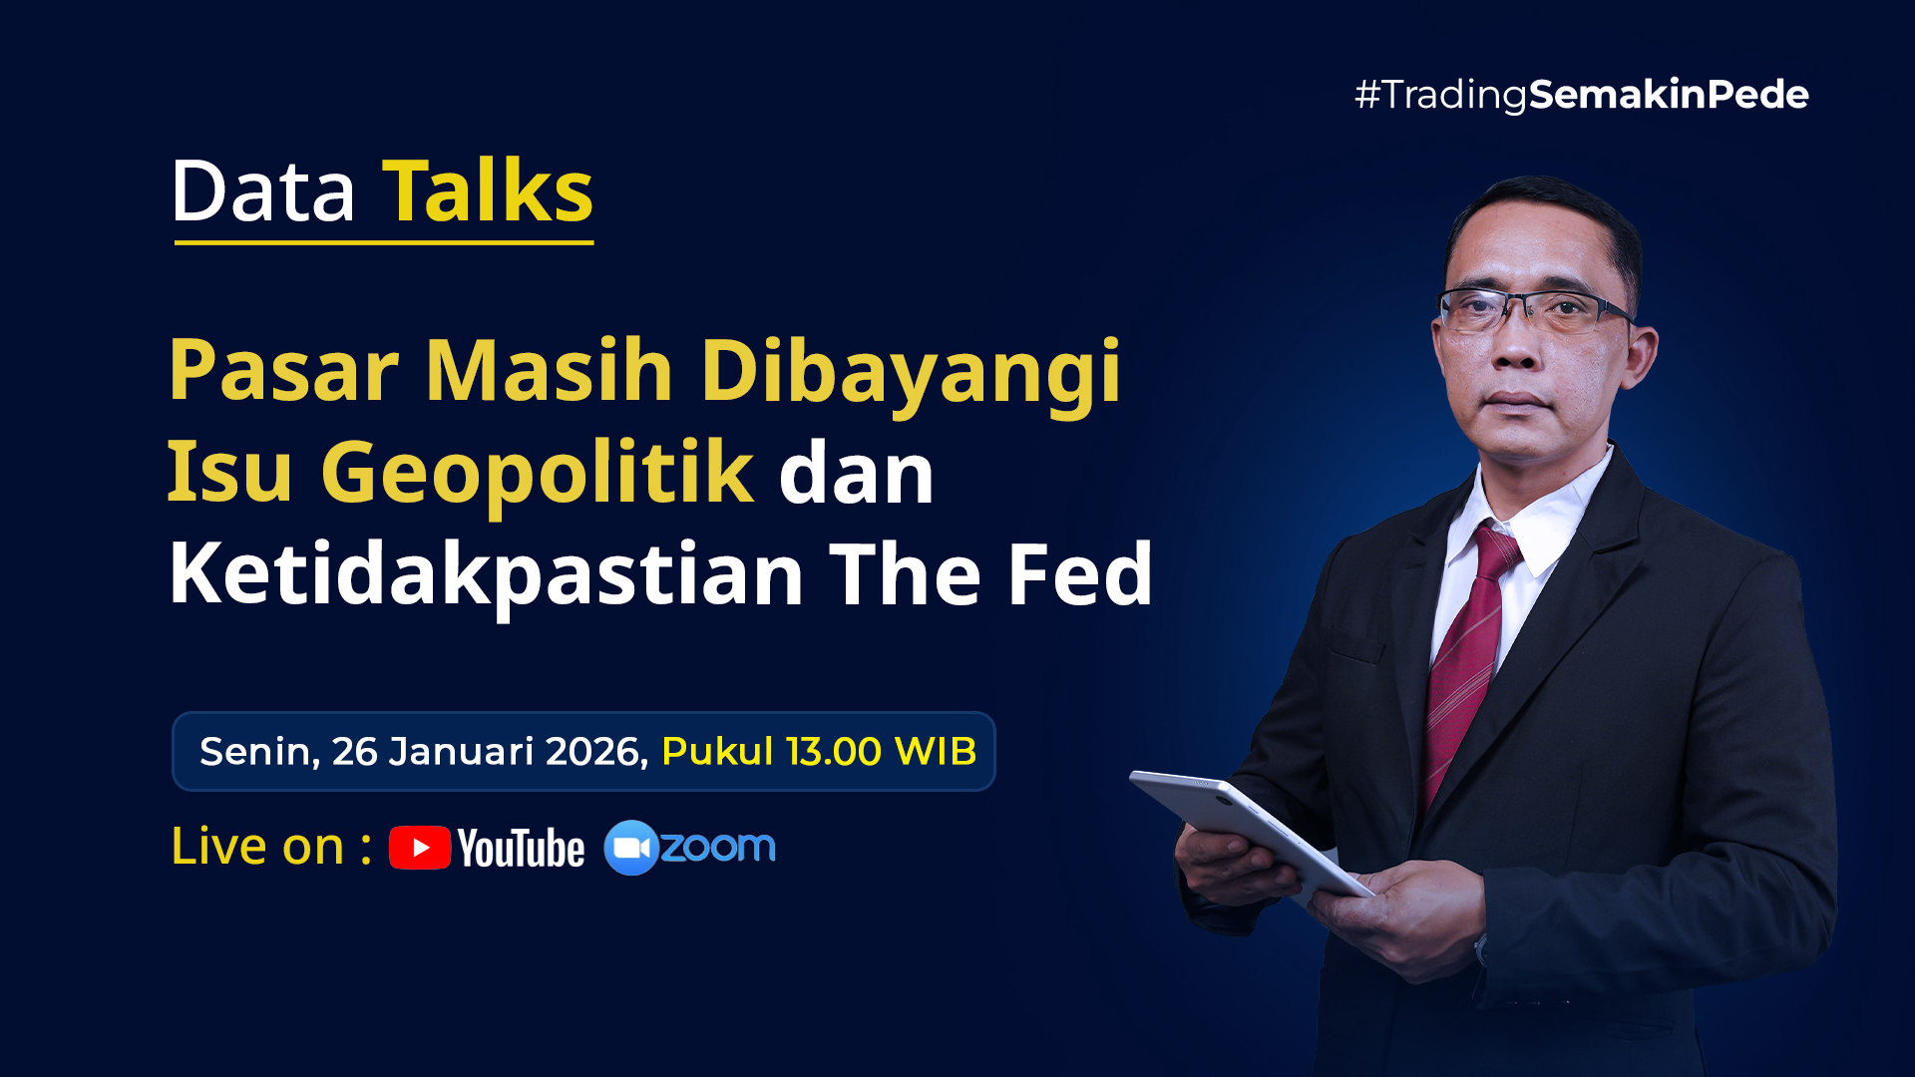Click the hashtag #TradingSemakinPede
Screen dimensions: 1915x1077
[1581, 95]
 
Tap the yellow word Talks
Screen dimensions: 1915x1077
[488, 190]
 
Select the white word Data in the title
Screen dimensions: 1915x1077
[263, 190]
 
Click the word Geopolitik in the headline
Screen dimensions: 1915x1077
[538, 473]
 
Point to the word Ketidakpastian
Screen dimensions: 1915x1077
[487, 575]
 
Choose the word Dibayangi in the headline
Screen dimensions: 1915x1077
[911, 372]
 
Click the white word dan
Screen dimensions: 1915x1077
[856, 475]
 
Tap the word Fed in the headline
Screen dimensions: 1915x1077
[1080, 573]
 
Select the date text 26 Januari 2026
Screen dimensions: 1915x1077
[490, 752]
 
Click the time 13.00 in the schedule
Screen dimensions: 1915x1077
[834, 752]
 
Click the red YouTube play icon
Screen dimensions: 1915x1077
[420, 848]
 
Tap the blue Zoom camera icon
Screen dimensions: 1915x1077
[631, 848]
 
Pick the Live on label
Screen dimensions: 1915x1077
[271, 847]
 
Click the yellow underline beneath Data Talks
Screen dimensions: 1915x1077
[384, 242]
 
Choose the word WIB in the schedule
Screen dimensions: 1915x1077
[936, 752]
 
